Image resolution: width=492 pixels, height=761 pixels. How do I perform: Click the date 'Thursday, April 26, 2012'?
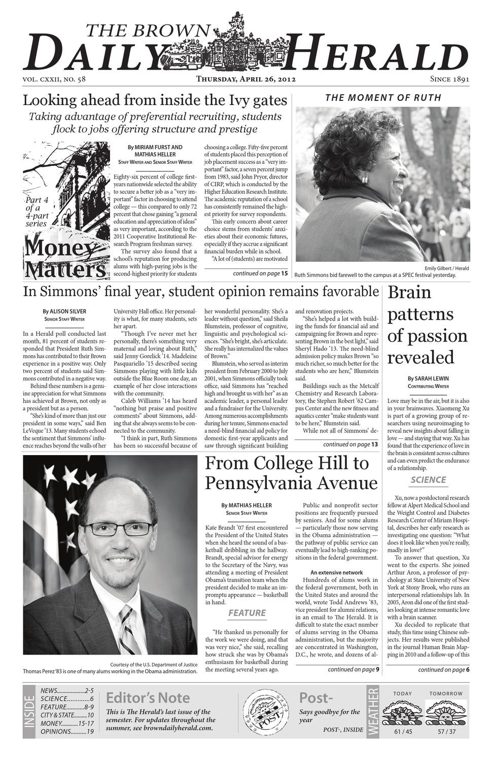coord(246,79)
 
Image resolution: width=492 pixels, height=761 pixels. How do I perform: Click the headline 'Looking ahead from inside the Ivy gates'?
coord(155,100)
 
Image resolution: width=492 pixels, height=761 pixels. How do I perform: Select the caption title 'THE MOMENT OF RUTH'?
coord(383,97)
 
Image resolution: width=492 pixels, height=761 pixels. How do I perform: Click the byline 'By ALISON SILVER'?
coord(64,311)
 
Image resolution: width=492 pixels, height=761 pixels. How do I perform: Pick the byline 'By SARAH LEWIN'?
coord(428,378)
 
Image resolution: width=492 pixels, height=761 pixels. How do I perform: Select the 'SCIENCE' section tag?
coord(428,479)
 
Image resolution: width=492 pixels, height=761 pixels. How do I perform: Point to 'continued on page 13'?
coord(350,444)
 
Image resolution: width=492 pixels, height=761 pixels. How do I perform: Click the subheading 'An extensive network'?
coord(336,572)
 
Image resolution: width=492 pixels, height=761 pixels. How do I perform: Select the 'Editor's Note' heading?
coord(148,698)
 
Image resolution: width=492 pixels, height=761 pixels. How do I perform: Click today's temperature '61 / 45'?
coord(402,732)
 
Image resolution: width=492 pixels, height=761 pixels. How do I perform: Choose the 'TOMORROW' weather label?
coord(446,693)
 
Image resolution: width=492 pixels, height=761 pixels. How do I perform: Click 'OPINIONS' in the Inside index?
coord(56,732)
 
